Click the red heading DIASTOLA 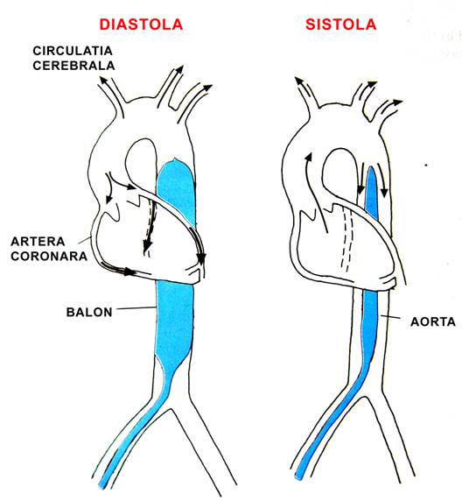(x=141, y=25)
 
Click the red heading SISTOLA (x=340, y=25)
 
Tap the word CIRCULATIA (x=73, y=51)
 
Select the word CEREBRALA (x=73, y=66)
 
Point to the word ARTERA (x=38, y=242)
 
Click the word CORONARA (x=49, y=257)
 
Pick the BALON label (x=89, y=312)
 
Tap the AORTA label (x=433, y=321)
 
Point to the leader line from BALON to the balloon (x=136, y=308)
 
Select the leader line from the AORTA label (x=390, y=317)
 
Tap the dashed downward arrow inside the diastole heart (x=150, y=229)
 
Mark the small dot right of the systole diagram (x=426, y=166)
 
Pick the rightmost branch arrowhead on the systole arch (x=398, y=102)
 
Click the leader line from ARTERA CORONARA (x=85, y=239)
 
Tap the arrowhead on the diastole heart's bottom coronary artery (x=129, y=272)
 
